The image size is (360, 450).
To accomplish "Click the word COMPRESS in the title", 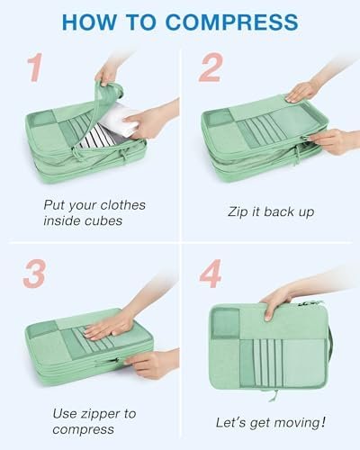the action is click(x=231, y=22).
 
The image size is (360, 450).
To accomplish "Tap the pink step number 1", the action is click(x=34, y=67).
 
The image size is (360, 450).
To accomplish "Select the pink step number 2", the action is click(x=211, y=67).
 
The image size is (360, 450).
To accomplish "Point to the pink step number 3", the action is click(x=34, y=274).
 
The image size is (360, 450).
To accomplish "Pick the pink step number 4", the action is click(x=211, y=274).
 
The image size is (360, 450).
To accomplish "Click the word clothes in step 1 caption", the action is click(x=123, y=205).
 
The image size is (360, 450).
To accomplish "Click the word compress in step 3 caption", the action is click(x=83, y=429).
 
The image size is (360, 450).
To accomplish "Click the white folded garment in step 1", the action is click(x=118, y=120).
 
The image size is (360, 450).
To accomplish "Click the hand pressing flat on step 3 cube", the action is click(x=110, y=327).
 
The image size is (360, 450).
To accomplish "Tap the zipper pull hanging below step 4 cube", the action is click(x=273, y=395).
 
